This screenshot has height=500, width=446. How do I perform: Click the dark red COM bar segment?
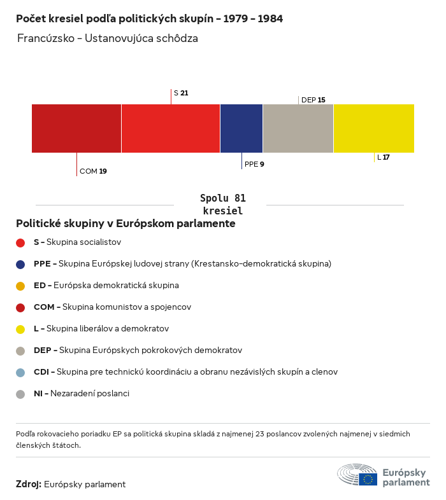[x=76, y=128]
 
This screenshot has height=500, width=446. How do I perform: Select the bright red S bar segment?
[x=171, y=128]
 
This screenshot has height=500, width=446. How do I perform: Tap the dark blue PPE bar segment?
[x=241, y=128]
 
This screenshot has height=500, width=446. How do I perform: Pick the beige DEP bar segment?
[x=298, y=128]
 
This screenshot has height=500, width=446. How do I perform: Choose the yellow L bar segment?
[x=374, y=128]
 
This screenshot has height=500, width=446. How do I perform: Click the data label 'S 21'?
[x=181, y=93]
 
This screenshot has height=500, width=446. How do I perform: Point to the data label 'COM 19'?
[x=93, y=171]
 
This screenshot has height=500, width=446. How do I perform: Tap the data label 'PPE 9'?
[x=254, y=164]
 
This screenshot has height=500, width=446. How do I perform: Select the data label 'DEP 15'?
[x=313, y=100]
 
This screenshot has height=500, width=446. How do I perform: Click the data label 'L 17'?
[x=384, y=157]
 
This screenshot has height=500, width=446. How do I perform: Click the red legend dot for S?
[x=20, y=242]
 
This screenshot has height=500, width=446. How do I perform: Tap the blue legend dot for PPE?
[x=20, y=264]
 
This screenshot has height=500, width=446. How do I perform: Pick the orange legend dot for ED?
[x=20, y=286]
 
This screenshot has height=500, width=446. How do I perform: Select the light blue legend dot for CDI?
[x=20, y=372]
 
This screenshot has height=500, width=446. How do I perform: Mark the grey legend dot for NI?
[x=20, y=394]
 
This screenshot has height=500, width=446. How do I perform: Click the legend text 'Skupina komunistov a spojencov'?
[x=127, y=307]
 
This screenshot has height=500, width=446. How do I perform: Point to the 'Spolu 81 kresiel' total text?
[x=222, y=204]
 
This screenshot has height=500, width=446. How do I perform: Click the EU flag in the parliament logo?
[x=368, y=479]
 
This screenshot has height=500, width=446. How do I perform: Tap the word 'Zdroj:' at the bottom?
[x=29, y=485]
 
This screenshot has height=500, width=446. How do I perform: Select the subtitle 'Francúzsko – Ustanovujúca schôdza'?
[x=108, y=38]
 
